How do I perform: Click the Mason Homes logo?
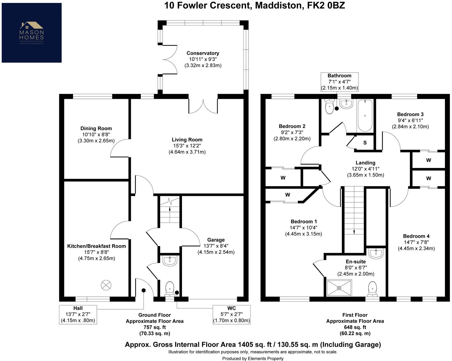click(x=32, y=33)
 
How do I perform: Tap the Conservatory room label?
click(x=203, y=53)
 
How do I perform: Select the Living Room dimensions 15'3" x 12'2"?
click(x=187, y=146)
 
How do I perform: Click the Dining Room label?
click(x=96, y=128)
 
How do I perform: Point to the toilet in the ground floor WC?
click(x=170, y=288)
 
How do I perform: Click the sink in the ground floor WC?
click(x=170, y=261)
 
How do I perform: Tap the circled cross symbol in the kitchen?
click(x=106, y=285)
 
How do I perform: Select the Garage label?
click(x=216, y=240)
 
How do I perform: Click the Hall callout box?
click(x=78, y=314)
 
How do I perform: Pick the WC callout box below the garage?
click(x=231, y=314)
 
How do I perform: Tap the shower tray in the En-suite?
click(x=339, y=288)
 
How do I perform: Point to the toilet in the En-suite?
click(x=372, y=288)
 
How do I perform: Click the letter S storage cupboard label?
click(x=365, y=143)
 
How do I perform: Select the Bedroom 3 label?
click(x=410, y=114)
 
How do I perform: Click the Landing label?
click(x=365, y=163)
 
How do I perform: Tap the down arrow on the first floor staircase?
click(x=354, y=232)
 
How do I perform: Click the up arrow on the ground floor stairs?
click(x=170, y=209)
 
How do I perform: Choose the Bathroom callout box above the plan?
click(x=339, y=82)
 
